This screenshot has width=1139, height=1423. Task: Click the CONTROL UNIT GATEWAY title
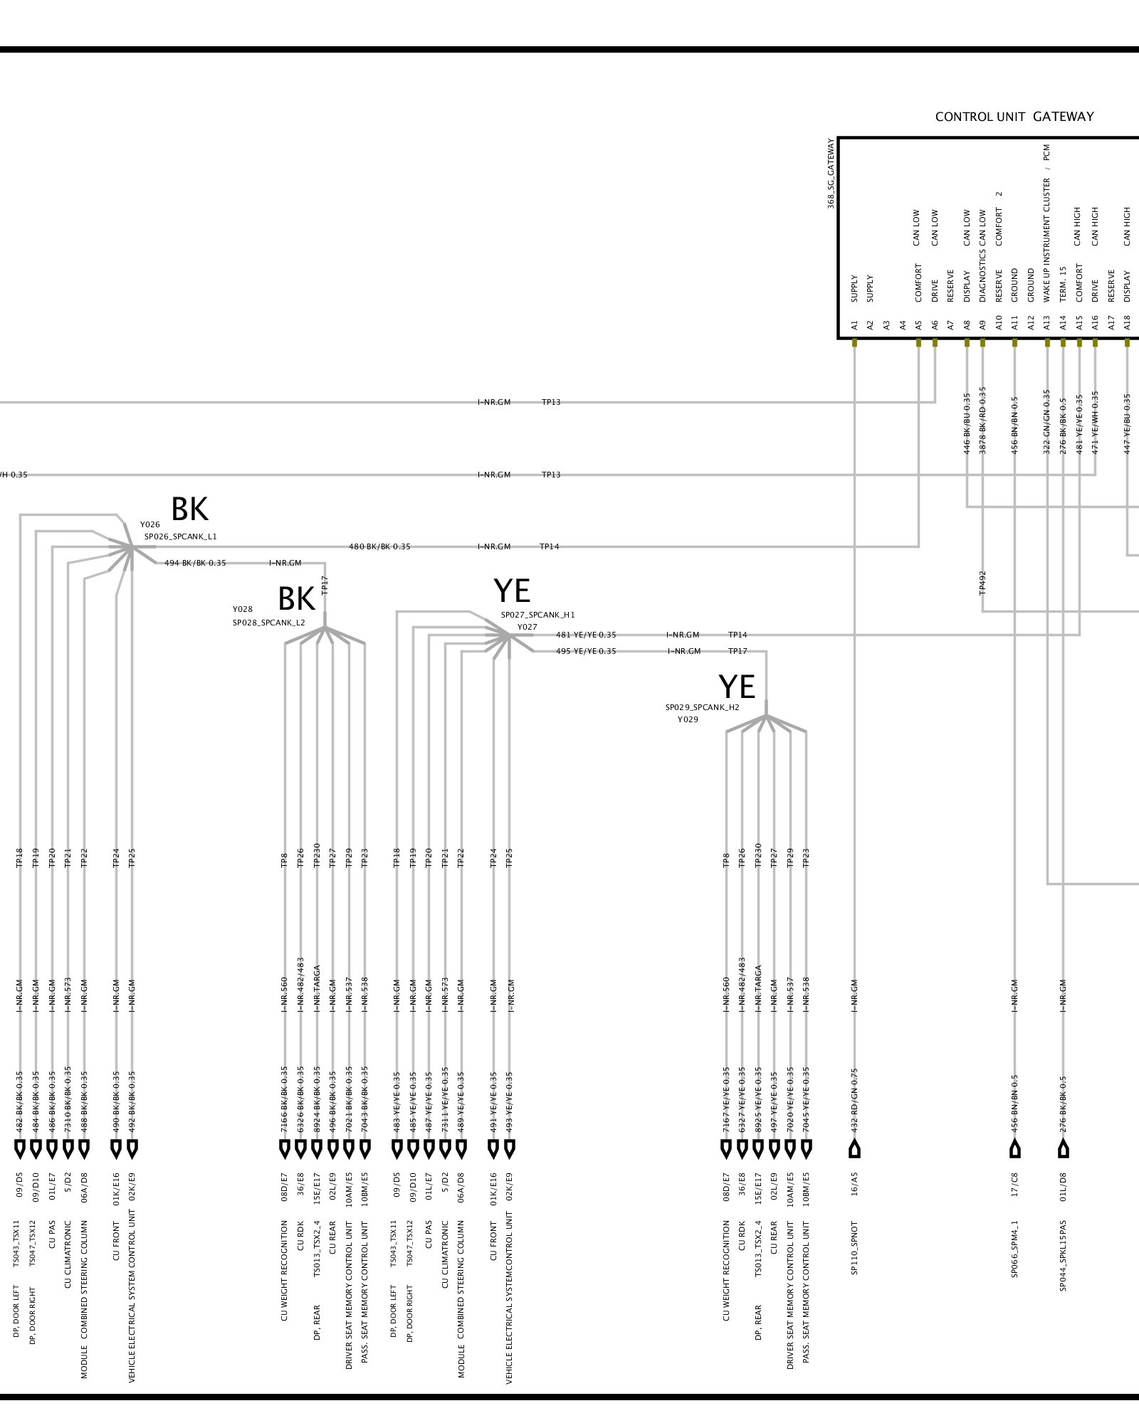(1014, 117)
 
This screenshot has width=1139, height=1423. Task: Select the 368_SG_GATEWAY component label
(831, 173)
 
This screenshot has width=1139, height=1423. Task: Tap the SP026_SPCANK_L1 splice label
(180, 536)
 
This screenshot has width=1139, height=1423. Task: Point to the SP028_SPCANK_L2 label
(268, 623)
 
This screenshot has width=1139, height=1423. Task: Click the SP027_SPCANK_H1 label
(537, 615)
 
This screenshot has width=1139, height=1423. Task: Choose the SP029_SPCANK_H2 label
(702, 707)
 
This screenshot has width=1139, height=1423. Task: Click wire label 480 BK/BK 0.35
(379, 546)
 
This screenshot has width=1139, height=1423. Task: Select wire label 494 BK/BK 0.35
(195, 563)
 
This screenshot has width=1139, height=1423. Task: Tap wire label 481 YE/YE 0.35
(586, 635)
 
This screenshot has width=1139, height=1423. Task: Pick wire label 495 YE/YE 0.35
(586, 651)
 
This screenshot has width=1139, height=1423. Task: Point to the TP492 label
(982, 582)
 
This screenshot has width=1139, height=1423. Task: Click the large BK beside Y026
(189, 509)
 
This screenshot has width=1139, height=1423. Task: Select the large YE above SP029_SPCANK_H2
(736, 687)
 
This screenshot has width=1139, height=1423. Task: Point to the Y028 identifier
(242, 609)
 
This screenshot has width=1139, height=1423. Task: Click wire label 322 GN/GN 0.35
(1046, 422)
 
